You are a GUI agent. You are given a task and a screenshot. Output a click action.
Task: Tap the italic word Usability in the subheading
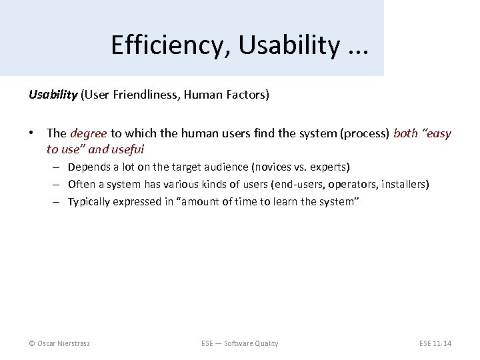(53, 95)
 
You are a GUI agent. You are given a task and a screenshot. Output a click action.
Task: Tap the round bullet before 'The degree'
(32, 133)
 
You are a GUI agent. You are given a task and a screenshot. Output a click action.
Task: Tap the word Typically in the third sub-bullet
(89, 201)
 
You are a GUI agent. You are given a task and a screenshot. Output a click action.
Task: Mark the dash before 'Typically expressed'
(58, 201)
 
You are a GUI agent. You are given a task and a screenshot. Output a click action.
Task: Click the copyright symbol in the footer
(32, 343)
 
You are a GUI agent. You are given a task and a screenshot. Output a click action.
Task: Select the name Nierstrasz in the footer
(76, 343)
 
